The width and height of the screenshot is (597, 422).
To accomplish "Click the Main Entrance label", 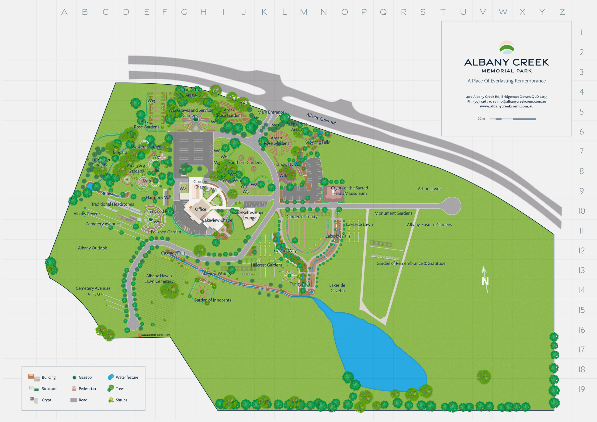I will (271, 112).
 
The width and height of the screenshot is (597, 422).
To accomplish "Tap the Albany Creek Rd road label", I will (321, 119).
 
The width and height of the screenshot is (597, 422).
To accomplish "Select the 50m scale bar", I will (513, 119).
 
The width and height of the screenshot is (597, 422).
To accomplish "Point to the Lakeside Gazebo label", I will (337, 288).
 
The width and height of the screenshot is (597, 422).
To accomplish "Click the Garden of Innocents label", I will (212, 300).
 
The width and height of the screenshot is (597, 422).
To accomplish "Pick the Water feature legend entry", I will (123, 377).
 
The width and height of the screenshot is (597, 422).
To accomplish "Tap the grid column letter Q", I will (383, 12).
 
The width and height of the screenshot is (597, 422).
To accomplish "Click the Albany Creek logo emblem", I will (507, 47).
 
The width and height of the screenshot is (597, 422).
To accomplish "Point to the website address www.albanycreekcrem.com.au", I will (507, 106).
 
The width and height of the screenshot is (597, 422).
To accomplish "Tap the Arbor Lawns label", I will (429, 189).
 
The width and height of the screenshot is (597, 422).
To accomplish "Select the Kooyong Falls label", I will (317, 142).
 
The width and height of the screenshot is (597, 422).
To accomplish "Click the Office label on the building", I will (201, 209).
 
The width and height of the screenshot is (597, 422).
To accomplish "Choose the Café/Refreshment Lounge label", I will (249, 215).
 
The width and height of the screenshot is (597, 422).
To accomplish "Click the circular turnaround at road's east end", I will (452, 206).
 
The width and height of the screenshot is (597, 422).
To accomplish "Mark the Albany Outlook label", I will (92, 248).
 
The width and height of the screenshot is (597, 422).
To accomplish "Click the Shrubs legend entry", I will (118, 400).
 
